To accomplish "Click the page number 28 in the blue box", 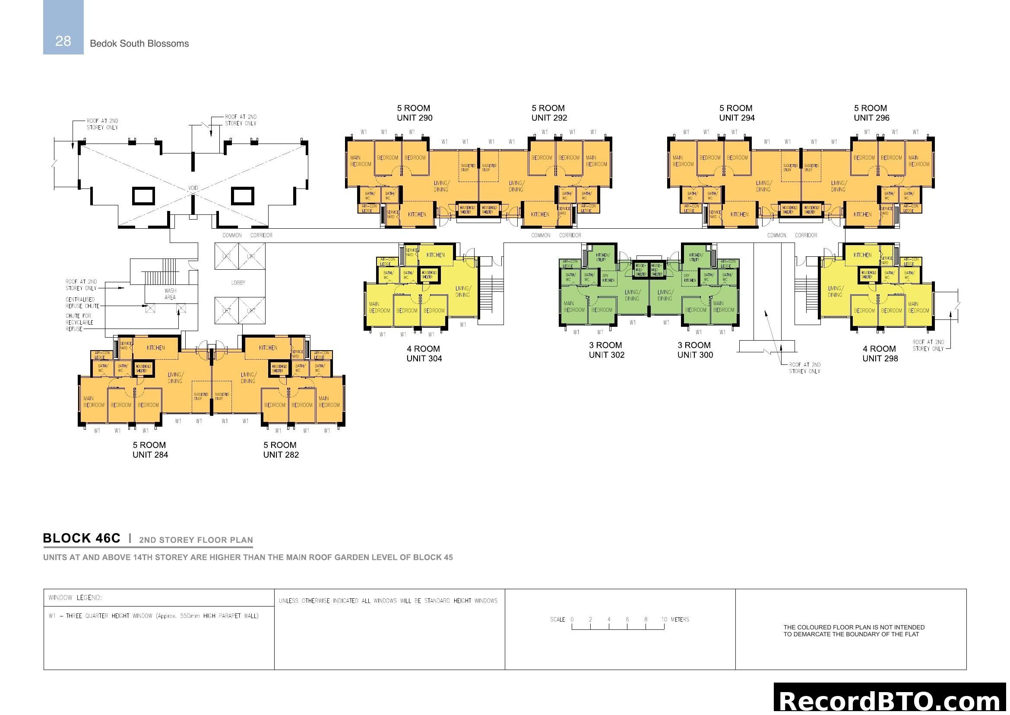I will click(63, 41).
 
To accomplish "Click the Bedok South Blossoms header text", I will click(139, 44).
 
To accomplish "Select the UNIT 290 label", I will click(415, 118).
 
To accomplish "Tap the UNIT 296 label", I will click(871, 118).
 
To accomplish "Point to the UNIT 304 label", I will click(424, 359).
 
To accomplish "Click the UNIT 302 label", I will click(607, 355).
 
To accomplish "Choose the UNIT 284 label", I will click(150, 455).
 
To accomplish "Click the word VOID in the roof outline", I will click(193, 188).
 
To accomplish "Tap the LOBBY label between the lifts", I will click(238, 283).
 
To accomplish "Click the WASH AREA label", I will click(170, 294).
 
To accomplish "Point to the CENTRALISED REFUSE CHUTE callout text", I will click(82, 303).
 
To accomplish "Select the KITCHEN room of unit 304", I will click(436, 255).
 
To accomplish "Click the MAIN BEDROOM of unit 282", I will click(329, 402).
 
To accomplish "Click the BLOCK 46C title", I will click(81, 539).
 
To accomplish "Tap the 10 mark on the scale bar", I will click(664, 620).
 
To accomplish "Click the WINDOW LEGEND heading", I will click(75, 598).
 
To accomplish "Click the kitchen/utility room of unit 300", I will click(696, 257).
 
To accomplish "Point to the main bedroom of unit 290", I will click(360, 161).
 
